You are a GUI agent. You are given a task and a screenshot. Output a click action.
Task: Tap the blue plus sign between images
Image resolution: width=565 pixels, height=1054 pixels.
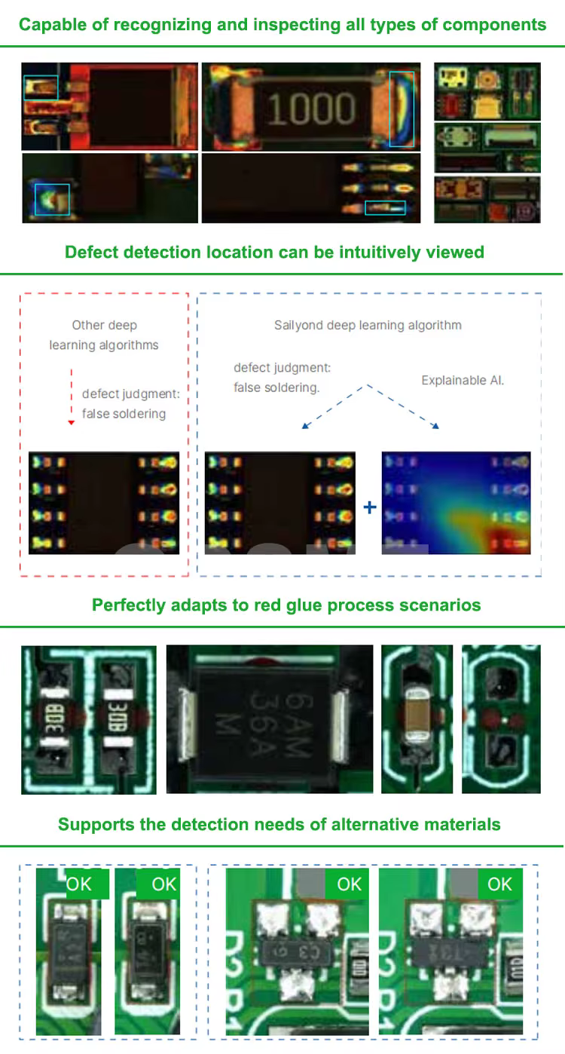[x=369, y=507]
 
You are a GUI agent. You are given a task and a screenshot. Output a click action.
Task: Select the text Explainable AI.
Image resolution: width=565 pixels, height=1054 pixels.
[x=463, y=380]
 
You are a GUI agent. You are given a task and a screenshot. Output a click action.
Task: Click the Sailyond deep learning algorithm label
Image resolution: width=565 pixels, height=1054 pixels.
[x=368, y=325]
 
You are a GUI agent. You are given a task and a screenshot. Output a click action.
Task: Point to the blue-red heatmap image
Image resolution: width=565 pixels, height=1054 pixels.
[x=456, y=503]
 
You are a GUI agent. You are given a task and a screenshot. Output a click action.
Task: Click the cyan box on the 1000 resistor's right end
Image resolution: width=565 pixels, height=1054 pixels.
[x=402, y=109]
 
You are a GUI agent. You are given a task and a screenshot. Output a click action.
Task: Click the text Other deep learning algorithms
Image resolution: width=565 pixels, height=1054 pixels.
[x=104, y=335]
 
